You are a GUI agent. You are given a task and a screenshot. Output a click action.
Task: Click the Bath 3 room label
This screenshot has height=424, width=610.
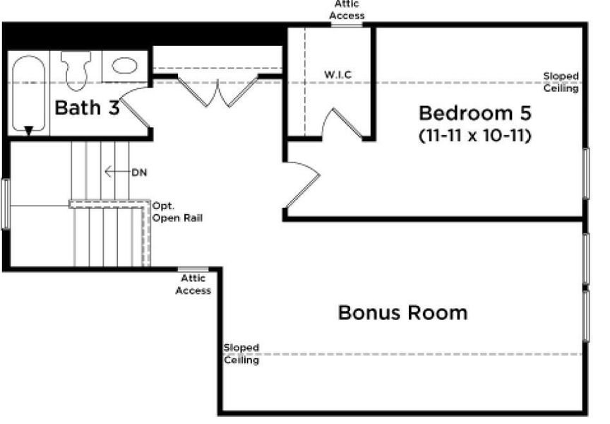[86, 108]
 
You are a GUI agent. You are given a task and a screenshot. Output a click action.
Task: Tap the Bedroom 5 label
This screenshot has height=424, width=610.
[474, 113]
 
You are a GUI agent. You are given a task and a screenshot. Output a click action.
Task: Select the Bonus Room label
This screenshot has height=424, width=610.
[402, 312]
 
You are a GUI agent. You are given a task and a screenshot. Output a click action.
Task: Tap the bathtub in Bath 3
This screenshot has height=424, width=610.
[29, 94]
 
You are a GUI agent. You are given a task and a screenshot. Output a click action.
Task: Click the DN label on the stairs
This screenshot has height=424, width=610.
[138, 172]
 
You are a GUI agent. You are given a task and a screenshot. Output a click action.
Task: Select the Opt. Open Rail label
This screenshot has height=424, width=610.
[177, 212]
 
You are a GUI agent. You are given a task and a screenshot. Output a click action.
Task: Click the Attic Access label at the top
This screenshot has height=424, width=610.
[347, 10]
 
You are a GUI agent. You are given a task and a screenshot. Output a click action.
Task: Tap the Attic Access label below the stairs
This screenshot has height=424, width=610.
[193, 285]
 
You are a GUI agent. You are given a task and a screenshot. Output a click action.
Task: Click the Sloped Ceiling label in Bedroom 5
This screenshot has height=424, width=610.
[561, 82]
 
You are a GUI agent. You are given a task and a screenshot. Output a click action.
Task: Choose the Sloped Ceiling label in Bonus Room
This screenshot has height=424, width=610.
[241, 354]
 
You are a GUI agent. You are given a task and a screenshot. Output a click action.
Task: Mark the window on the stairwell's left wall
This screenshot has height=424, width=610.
[6, 204]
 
